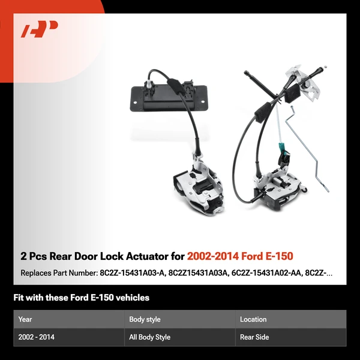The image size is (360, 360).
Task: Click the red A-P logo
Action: (x=40, y=30)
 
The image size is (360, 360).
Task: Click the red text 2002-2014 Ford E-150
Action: (x=240, y=256)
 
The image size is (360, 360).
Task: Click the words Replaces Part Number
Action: (x=58, y=273)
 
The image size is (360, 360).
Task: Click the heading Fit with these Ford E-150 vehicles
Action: (x=81, y=298)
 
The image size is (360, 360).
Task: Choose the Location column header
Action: (x=253, y=319)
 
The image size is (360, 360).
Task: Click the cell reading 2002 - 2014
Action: (x=37, y=337)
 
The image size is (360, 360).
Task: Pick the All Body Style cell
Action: (x=149, y=337)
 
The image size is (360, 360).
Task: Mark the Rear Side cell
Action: (x=254, y=337)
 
